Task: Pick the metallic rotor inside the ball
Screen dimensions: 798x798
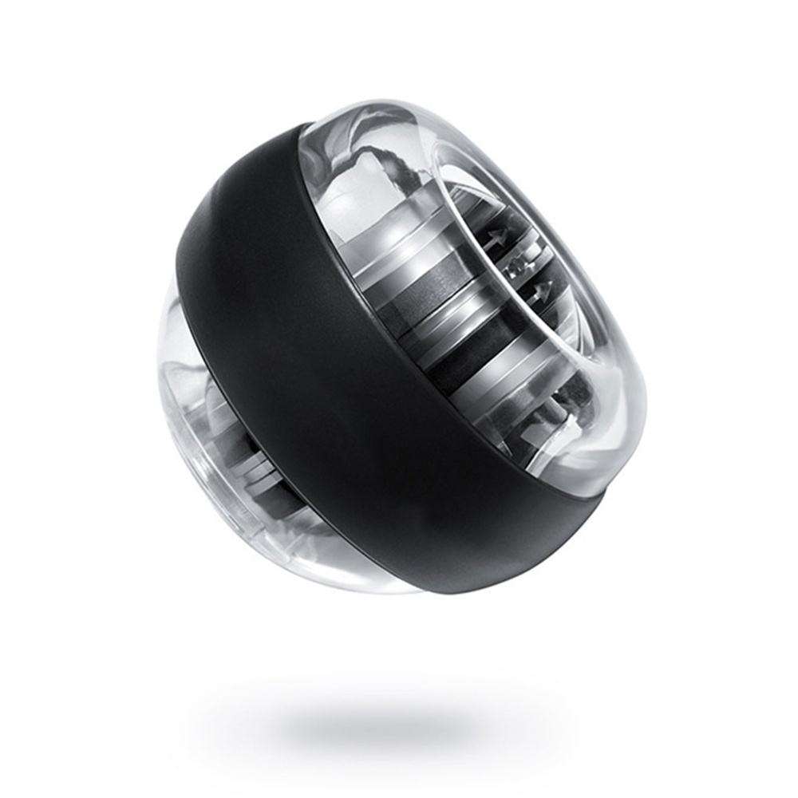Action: click(x=447, y=319)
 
